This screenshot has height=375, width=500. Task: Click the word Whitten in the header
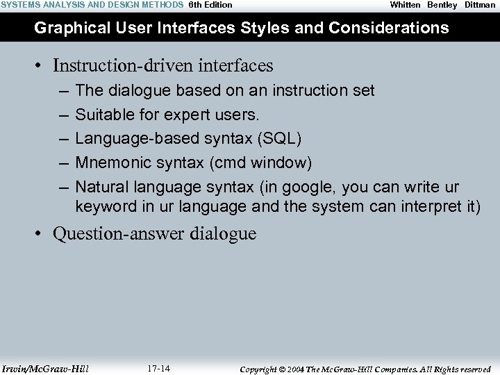(405, 5)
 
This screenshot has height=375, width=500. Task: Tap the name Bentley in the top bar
(442, 5)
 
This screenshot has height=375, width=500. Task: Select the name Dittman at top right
(480, 5)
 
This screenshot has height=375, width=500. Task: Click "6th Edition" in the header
(210, 5)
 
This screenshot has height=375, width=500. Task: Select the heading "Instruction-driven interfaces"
(162, 66)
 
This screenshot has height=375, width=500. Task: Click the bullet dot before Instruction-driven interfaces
(42, 66)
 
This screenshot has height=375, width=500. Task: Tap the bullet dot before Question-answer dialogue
(42, 234)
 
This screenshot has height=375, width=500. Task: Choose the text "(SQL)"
(279, 138)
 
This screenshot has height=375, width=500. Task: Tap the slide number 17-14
(159, 368)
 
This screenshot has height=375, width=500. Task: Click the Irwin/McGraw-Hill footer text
(45, 369)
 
